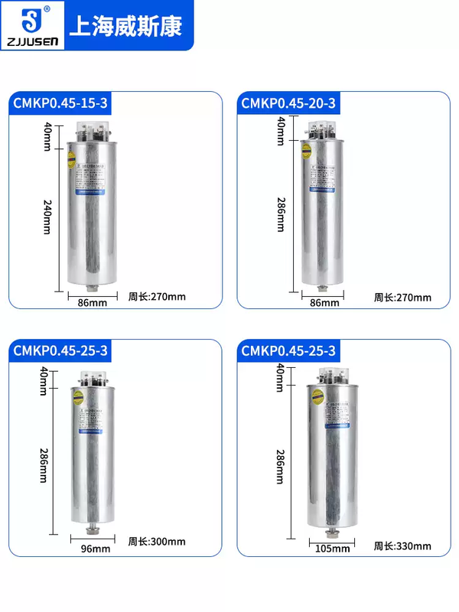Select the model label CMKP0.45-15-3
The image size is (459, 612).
click(60, 103)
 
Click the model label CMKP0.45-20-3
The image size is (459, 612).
click(288, 103)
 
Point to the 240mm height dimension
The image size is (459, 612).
click(47, 216)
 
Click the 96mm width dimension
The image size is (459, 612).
click(96, 549)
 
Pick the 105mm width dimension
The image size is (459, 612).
click(331, 549)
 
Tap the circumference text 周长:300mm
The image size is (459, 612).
click(157, 542)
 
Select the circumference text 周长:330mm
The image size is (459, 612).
click(402, 545)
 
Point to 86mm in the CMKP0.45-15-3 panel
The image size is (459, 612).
click(93, 303)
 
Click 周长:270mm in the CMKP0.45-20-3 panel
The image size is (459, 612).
click(402, 298)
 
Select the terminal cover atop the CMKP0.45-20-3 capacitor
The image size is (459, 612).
click(324, 132)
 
